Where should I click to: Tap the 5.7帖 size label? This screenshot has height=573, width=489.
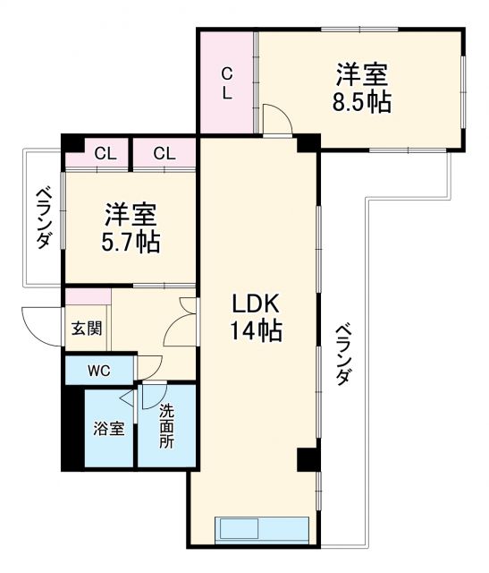[131, 242]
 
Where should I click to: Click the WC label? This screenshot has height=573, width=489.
[98, 369]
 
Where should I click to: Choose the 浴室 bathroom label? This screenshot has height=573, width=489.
[109, 428]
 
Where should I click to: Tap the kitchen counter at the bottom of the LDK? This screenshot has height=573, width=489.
[263, 528]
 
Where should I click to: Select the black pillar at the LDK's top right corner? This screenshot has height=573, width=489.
[308, 142]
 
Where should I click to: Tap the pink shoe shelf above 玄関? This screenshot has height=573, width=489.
[87, 297]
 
